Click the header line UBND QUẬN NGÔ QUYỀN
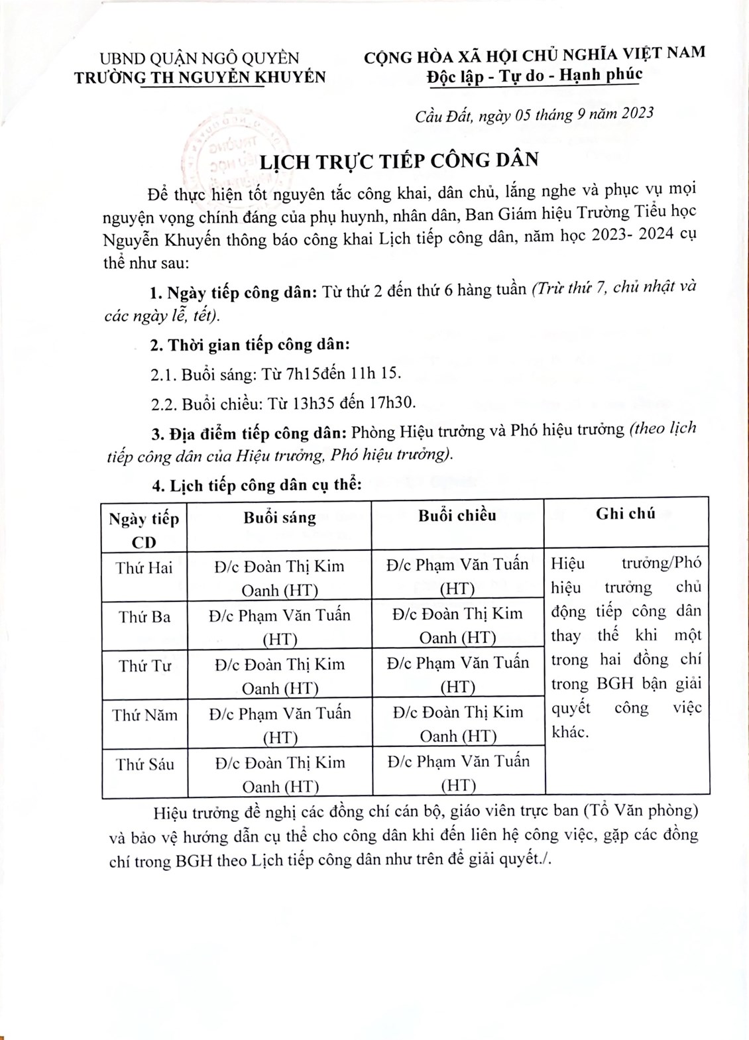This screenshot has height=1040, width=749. [x=200, y=58]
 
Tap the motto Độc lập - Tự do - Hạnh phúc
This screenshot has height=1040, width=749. [x=534, y=75]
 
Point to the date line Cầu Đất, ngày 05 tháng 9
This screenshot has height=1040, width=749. [x=534, y=115]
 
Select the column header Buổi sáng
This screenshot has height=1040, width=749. [x=279, y=518]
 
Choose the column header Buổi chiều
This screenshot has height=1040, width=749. [x=457, y=516]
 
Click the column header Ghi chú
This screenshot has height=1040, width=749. [x=625, y=513]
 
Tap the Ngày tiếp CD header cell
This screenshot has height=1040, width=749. [x=144, y=530]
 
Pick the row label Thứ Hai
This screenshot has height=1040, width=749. [x=144, y=567]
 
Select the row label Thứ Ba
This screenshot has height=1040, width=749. [x=144, y=617]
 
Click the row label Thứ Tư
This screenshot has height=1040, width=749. [x=144, y=666]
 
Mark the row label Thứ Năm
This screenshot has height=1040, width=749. [x=144, y=715]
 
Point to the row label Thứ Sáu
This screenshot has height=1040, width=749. [x=144, y=764]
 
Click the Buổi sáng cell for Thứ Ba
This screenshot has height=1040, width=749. [x=279, y=626]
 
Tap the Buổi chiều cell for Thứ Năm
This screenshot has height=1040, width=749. [x=457, y=723]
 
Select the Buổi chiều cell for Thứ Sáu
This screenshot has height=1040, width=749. [x=458, y=773]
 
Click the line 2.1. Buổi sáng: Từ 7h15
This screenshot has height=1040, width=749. [x=276, y=374]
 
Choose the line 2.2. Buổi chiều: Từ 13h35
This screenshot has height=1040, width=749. [x=283, y=403]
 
